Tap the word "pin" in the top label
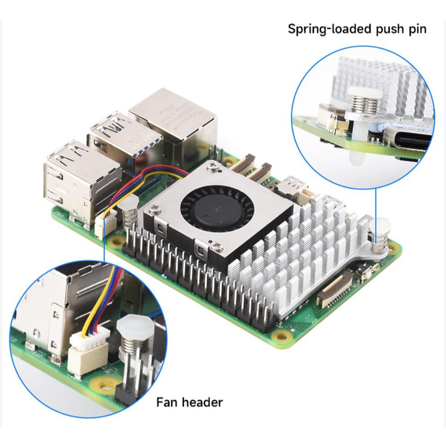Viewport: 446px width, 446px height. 418,29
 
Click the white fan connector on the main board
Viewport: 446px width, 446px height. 102,226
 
